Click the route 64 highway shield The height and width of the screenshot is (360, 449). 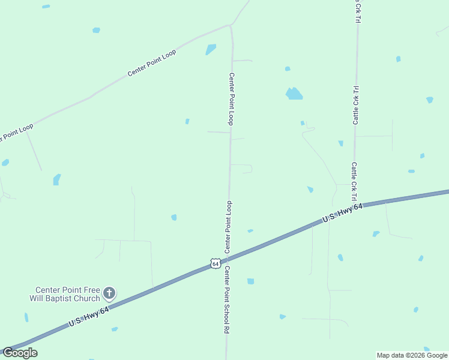pyautogui.click(x=216, y=263)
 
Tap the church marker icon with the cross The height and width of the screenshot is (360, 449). pyautogui.click(x=109, y=293)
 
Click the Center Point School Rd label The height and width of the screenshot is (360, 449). pyautogui.click(x=227, y=299)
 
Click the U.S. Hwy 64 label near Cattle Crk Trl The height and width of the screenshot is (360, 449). pyautogui.click(x=343, y=214)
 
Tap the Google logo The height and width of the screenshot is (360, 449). pyautogui.click(x=20, y=353)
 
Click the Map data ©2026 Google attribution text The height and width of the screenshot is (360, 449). pyautogui.click(x=412, y=355)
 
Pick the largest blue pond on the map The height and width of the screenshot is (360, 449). pyautogui.click(x=294, y=94)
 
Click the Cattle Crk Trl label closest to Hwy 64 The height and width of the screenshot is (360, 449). pyautogui.click(x=354, y=181)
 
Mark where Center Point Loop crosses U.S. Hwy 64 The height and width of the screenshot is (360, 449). pyautogui.click(x=228, y=259)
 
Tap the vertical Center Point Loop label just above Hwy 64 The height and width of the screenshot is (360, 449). pyautogui.click(x=228, y=227)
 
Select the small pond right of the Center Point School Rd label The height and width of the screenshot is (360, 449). pyautogui.click(x=250, y=281)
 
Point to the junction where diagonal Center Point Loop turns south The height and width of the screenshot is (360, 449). pyautogui.click(x=231, y=26)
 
